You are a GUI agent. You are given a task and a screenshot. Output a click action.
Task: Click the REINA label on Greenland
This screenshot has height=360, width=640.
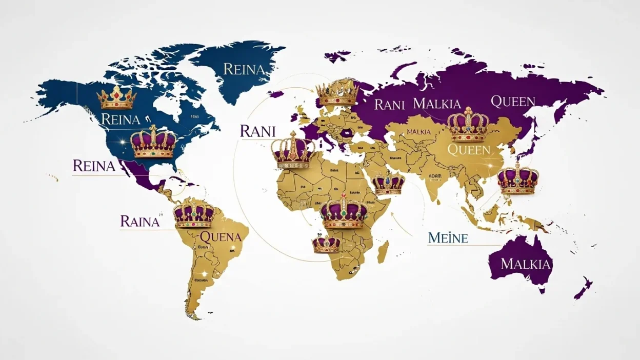click(243, 69)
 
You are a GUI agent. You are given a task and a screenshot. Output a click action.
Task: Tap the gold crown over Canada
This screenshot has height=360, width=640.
click(117, 97)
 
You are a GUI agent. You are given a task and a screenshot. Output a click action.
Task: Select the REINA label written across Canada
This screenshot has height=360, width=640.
click(121, 119)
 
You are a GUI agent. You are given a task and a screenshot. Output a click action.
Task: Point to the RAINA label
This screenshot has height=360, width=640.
click(139, 222)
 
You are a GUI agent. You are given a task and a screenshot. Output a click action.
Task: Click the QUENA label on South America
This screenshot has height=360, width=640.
click(220, 237)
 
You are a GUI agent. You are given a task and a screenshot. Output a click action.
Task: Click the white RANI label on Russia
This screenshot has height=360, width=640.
click(389, 105)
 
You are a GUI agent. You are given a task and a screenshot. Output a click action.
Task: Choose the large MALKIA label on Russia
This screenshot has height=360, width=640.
click(436, 104)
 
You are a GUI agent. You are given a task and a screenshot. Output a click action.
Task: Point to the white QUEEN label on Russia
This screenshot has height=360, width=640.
click(513, 102)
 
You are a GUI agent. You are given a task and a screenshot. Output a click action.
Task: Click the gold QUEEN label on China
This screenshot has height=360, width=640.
click(469, 150)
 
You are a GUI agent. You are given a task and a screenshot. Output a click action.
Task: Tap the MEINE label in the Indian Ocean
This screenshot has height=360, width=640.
click(447, 238)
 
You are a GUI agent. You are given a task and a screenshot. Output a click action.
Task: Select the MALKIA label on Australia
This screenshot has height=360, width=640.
click(526, 264)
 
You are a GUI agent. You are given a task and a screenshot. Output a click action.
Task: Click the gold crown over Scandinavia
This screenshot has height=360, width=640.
click(337, 93)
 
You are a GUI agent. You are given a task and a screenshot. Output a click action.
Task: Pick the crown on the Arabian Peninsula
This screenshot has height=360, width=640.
click(388, 184)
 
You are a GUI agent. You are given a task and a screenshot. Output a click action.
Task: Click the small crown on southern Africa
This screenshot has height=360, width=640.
click(326, 245)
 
